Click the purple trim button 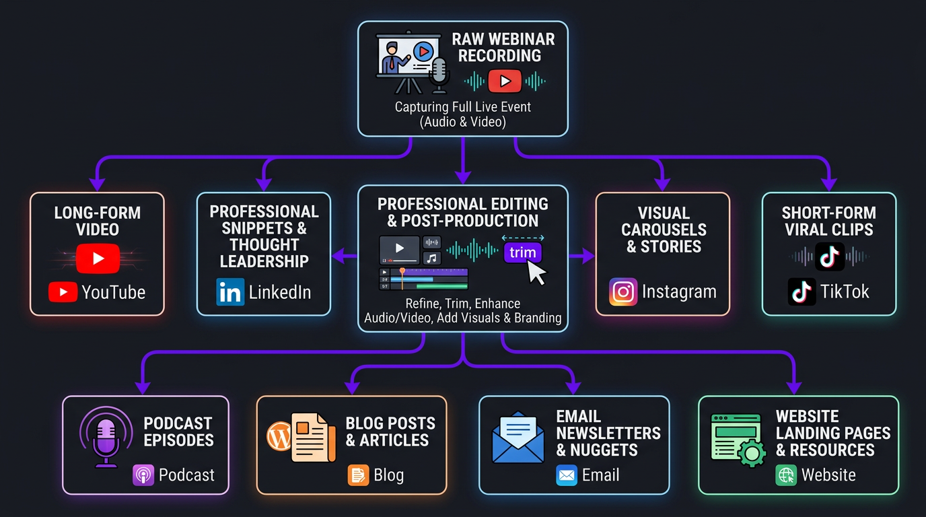[522, 253]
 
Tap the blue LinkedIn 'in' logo [230, 292]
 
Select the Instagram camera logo [623, 292]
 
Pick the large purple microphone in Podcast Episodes [106, 438]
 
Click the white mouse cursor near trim [538, 272]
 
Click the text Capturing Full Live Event [462, 106]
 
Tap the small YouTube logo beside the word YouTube [63, 292]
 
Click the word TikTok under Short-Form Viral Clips [845, 291]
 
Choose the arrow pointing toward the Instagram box [583, 255]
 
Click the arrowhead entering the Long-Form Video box [98, 182]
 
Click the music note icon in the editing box [431, 258]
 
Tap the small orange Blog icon [358, 475]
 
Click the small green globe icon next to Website [785, 475]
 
